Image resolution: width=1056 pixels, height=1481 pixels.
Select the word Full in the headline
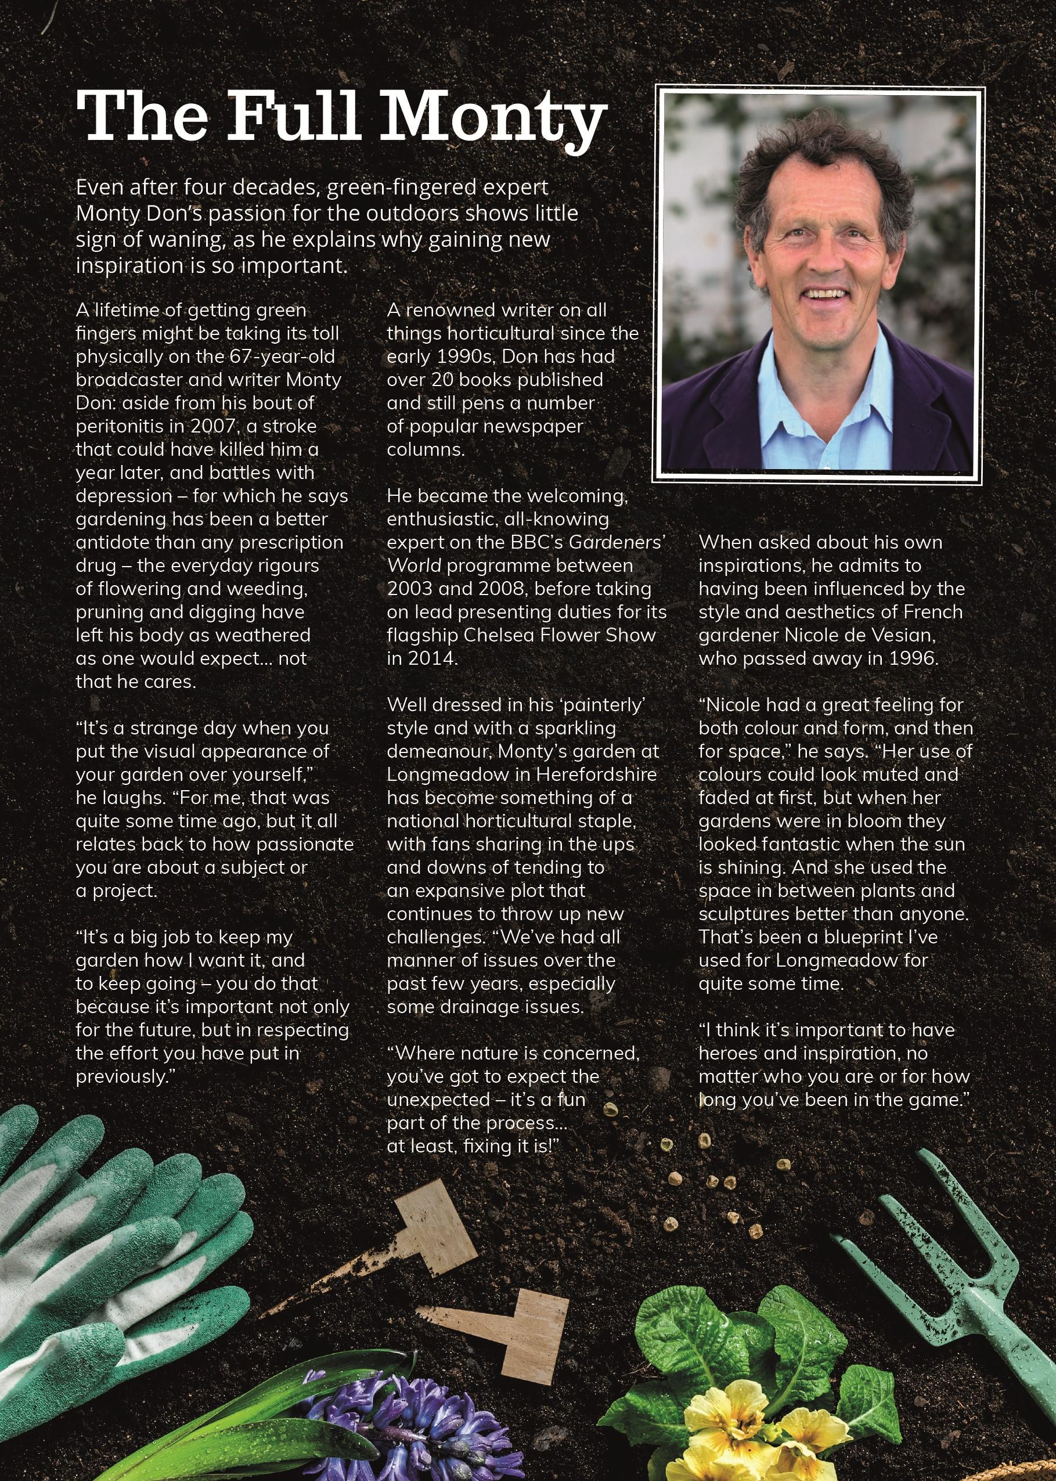(x=293, y=117)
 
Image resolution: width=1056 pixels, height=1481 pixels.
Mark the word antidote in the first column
(x=113, y=542)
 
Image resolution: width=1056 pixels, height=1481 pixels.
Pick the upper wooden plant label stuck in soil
(x=429, y=1222)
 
